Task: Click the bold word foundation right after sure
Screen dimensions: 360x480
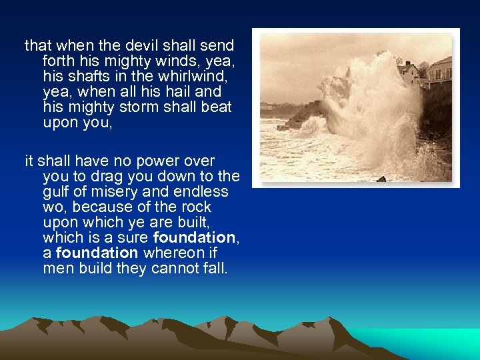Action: point(193,237)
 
